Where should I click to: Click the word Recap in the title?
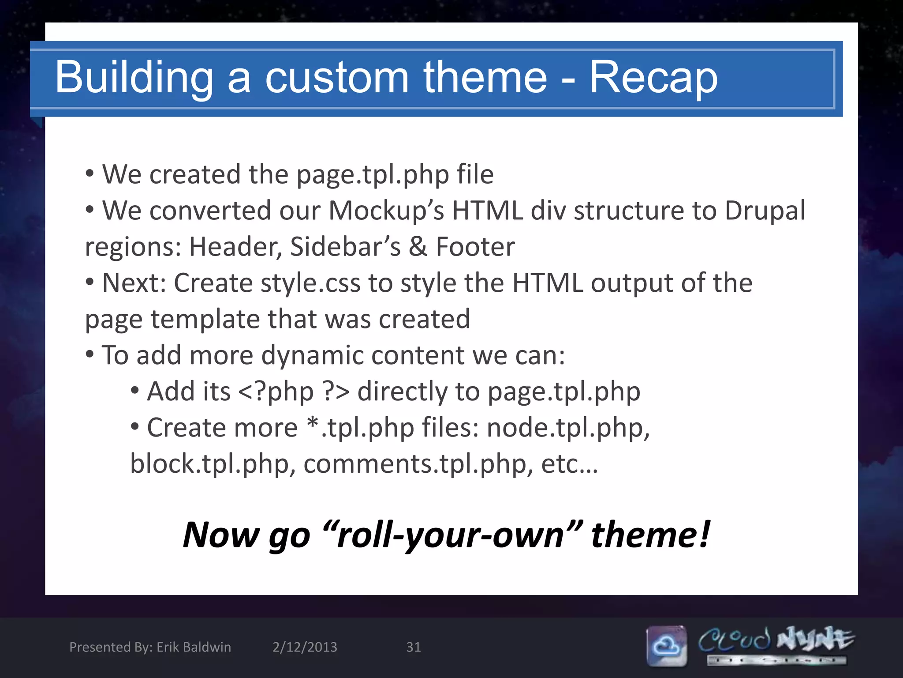pos(653,78)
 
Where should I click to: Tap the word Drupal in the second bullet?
pos(765,211)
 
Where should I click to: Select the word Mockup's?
pos(386,211)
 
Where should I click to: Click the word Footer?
pos(475,247)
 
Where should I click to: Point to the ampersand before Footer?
pos(418,247)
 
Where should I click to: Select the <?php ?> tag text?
pos(294,392)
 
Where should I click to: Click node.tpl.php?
pos(568,428)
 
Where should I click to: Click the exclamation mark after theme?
pos(705,534)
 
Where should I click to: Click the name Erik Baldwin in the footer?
pos(194,647)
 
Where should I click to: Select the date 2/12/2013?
pos(305,647)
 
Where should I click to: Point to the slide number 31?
pos(413,647)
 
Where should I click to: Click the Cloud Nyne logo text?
pos(776,640)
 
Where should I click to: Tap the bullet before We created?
pos(90,173)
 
